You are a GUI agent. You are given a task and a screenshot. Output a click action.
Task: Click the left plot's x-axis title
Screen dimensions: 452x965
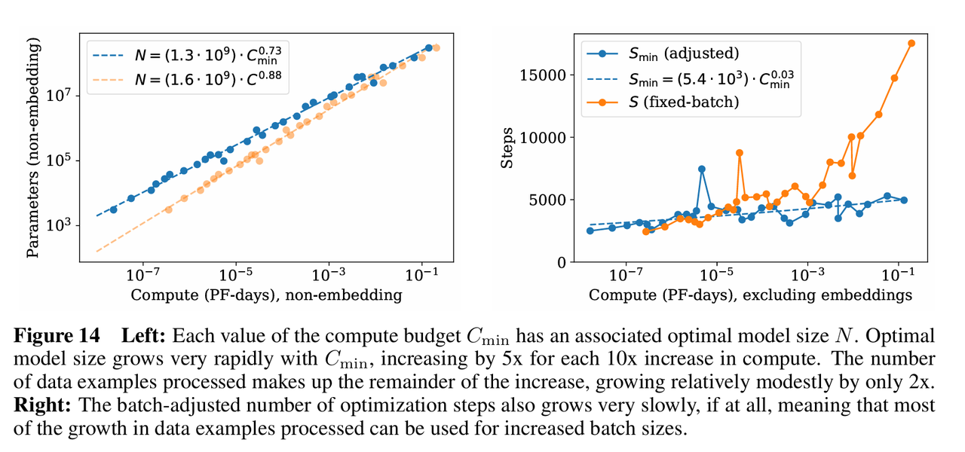(266, 295)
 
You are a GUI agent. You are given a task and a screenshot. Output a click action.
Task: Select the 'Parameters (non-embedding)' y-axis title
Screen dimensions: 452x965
(33, 152)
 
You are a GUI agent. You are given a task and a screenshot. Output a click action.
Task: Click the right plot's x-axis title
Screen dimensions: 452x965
(750, 295)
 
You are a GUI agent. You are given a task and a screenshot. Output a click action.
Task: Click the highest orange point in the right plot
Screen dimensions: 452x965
(911, 43)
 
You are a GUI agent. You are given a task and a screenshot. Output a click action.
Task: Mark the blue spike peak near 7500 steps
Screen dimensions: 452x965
(702, 169)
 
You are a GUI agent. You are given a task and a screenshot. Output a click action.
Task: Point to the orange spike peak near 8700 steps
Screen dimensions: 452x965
(740, 153)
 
